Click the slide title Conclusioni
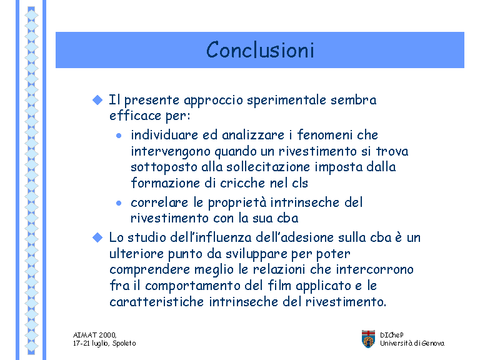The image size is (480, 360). pos(260,49)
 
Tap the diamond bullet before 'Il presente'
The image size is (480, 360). pos(97,100)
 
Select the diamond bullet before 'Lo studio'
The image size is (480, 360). pos(97,237)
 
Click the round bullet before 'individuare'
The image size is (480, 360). pos(119,136)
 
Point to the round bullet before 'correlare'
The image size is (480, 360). pos(119,203)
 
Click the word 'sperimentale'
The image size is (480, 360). pos(286,101)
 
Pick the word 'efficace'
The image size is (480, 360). pos(135,116)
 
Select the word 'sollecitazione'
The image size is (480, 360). pos(268,167)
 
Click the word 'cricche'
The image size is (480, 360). pos(242,183)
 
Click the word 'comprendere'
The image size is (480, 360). pos(150,270)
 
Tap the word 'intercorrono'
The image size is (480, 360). pos(375,269)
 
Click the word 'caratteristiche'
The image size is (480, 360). pos(156,302)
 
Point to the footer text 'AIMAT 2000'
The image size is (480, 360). pos(94,335)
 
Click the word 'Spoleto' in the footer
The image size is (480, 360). pos(124,344)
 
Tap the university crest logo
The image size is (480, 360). pos(368,339)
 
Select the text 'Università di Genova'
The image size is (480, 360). pos(412,343)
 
